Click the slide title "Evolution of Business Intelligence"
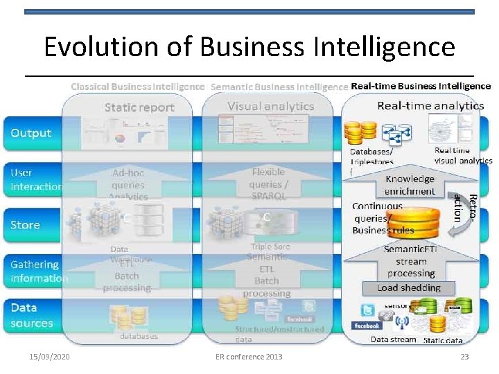tap(249, 47)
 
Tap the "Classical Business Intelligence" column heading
tap(137, 87)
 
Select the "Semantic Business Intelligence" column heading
tap(279, 87)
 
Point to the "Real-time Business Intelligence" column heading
tap(421, 87)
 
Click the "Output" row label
tap(30, 133)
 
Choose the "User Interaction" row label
tap(36, 179)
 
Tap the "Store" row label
tap(25, 224)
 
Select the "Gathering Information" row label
tap(39, 271)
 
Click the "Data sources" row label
tap(32, 315)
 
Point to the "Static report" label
tap(139, 107)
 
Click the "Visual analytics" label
tap(270, 106)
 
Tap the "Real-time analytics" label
tap(430, 105)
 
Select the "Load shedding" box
tap(409, 287)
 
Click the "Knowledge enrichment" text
tap(410, 185)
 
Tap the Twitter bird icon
tap(368, 309)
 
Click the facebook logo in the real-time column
tap(367, 326)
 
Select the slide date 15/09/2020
tap(49, 357)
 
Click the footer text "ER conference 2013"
tap(249, 357)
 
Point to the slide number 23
tap(464, 357)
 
